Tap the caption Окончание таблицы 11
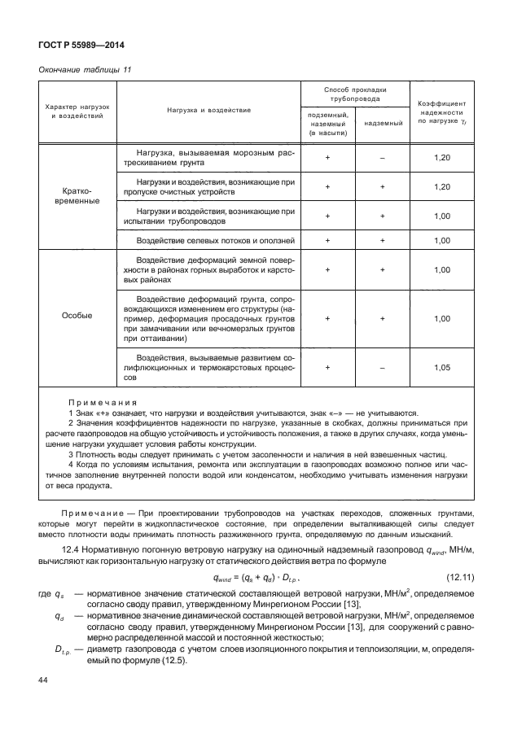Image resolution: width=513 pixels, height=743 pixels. [85, 71]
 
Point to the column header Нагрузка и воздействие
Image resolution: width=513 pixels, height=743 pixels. [209, 109]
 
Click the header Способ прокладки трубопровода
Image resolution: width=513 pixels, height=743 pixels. [354, 93]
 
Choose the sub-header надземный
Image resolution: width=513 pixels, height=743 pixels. [382, 124]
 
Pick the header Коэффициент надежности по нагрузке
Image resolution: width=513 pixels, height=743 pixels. [442, 112]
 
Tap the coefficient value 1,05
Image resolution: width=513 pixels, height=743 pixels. [442, 367]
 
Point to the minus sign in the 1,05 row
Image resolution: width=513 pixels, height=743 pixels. [382, 367]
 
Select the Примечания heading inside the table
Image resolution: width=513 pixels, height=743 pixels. [103, 402]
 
